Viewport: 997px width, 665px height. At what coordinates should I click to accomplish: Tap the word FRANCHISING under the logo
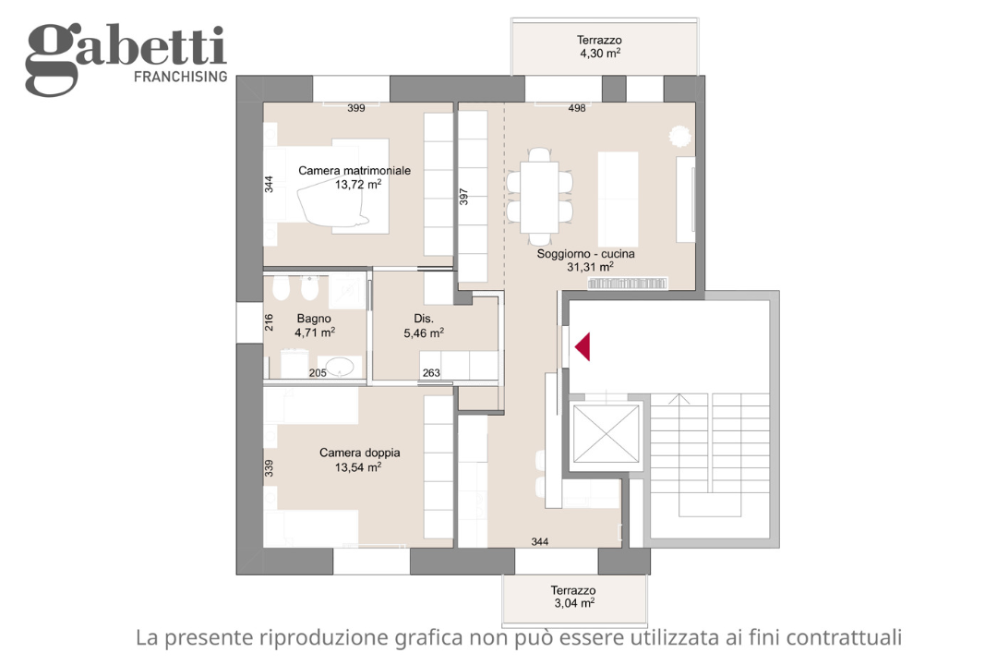[x=181, y=77]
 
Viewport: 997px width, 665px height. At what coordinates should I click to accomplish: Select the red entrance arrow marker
[x=583, y=347]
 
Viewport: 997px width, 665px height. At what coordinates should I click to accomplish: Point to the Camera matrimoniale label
[x=354, y=171]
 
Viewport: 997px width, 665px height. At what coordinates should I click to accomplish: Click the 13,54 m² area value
[x=358, y=467]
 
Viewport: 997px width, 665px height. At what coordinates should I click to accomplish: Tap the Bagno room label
[x=314, y=318]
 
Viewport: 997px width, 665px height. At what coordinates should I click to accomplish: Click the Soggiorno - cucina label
[x=586, y=253]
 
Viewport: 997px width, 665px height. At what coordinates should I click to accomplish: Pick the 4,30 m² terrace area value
[x=599, y=54]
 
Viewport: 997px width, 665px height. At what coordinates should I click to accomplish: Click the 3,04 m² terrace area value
[x=573, y=603]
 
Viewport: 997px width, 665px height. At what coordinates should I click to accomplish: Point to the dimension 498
[x=577, y=108]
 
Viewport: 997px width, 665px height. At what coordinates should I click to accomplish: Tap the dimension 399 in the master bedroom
[x=356, y=108]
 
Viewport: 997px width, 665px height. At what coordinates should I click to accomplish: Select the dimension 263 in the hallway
[x=431, y=373]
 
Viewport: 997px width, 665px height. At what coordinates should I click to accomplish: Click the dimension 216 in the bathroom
[x=269, y=322]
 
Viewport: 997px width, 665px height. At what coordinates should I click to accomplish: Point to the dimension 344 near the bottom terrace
[x=540, y=541]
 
